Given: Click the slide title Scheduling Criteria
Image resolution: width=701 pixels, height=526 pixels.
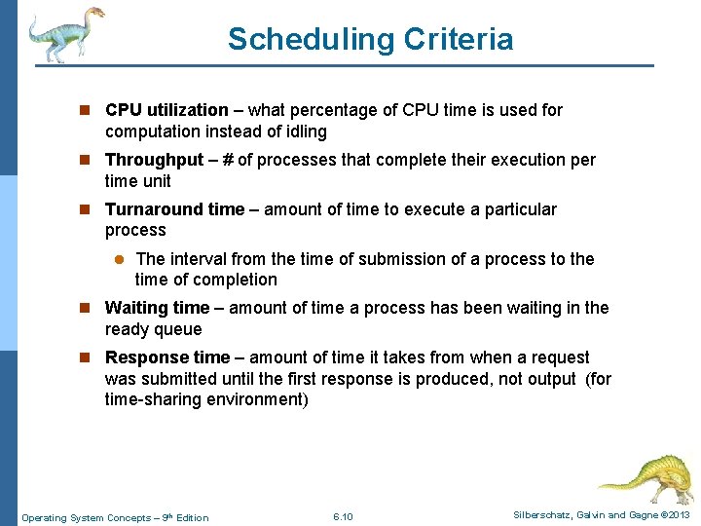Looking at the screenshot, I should [x=370, y=40].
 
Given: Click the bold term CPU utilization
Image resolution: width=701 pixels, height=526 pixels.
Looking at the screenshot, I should [x=166, y=111].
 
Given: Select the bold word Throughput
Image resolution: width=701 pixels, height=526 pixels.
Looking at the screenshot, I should [x=154, y=160].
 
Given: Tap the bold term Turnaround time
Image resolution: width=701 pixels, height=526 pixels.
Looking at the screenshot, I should [x=174, y=209].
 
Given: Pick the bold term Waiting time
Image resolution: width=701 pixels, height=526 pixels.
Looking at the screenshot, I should [x=157, y=308].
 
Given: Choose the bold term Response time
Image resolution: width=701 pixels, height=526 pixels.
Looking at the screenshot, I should [x=166, y=357].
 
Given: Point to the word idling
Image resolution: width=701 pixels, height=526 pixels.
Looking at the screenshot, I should [x=304, y=131].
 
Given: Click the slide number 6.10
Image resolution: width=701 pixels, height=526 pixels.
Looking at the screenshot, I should [x=343, y=517].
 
